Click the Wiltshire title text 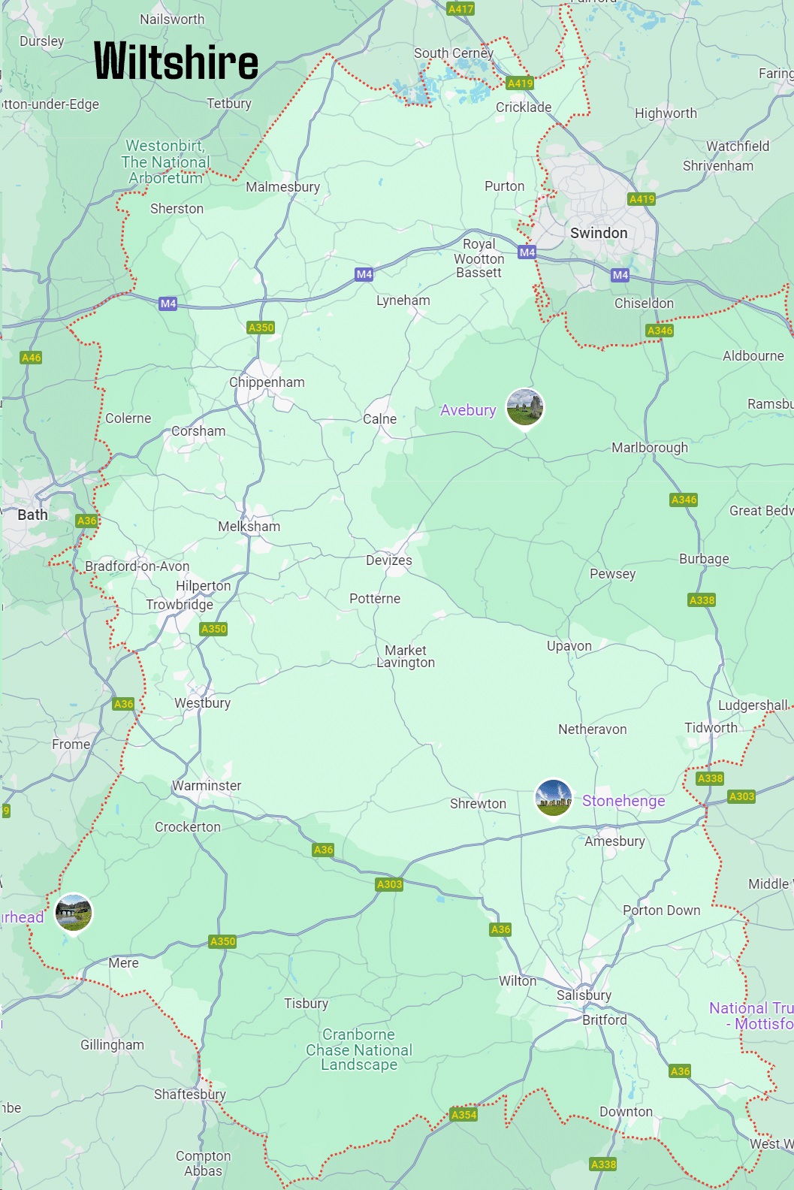[x=176, y=62]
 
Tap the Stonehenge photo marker [x=554, y=798]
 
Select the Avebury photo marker [x=524, y=407]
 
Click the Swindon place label [x=599, y=233]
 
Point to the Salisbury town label [x=584, y=995]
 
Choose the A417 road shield [x=460, y=9]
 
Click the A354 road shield [x=463, y=1115]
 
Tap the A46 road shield [x=31, y=358]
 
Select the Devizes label [x=388, y=560]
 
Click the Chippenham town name [x=267, y=382]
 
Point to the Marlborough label [x=650, y=448]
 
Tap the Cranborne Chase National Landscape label [x=359, y=1050]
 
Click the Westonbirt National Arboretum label [x=165, y=162]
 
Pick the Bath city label [x=32, y=515]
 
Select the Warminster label [x=207, y=786]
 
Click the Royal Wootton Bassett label [x=479, y=258]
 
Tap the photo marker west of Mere [x=74, y=912]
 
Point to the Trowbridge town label [x=180, y=605]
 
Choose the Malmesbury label [x=282, y=187]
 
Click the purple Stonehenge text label [x=623, y=801]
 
